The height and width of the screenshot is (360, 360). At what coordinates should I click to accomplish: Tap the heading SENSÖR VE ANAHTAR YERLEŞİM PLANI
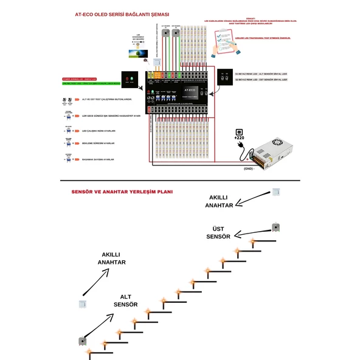122,191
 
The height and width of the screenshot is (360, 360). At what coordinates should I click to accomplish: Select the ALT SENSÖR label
125,300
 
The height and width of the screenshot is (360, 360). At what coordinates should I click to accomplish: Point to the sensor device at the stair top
275,227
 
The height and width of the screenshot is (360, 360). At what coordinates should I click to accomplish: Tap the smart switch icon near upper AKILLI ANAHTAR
276,192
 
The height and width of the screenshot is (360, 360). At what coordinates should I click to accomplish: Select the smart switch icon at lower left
81,303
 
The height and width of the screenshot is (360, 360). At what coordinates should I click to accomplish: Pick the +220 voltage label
239,137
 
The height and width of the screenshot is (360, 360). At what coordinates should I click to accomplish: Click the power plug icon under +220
239,130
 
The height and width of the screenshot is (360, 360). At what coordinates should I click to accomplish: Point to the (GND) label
248,168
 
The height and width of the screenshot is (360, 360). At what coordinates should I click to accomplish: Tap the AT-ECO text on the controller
190,89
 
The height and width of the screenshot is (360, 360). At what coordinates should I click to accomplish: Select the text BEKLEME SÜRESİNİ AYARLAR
98,144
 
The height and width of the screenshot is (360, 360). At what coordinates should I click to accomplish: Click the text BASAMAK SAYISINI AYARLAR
98,159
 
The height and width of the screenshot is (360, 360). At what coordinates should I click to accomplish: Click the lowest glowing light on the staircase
88,351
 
